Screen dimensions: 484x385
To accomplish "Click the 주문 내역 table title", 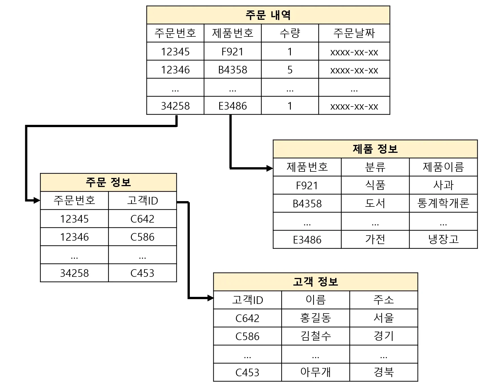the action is click(268, 15).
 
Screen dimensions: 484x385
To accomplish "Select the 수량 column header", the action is click(290, 33).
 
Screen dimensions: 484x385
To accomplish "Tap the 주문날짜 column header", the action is click(354, 33).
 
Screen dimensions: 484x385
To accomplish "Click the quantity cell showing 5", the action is click(290, 69).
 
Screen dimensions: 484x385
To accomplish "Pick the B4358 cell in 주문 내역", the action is click(233, 69).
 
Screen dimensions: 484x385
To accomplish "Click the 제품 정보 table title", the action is click(375, 149).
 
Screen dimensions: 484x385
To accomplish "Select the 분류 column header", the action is click(375, 167).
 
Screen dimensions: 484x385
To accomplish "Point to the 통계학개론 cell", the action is click(443, 203).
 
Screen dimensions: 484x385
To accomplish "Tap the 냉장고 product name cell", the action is click(443, 239).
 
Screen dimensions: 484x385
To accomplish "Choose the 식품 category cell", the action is click(375, 185).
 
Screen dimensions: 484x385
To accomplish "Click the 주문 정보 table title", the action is click(108, 182).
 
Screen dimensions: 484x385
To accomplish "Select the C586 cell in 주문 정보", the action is click(142, 237).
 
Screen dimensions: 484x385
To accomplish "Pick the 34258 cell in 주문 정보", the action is click(74, 273).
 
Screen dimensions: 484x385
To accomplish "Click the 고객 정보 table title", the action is click(315, 282).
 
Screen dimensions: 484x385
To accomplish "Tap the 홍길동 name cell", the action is click(315, 318).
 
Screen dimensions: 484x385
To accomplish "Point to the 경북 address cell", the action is click(384, 372).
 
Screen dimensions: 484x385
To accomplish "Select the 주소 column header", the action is click(384, 300).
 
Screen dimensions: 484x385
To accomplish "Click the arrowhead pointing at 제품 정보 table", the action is click(270, 168).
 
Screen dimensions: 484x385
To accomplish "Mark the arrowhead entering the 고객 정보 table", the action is click(210, 298).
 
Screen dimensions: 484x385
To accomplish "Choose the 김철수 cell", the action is click(315, 336).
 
